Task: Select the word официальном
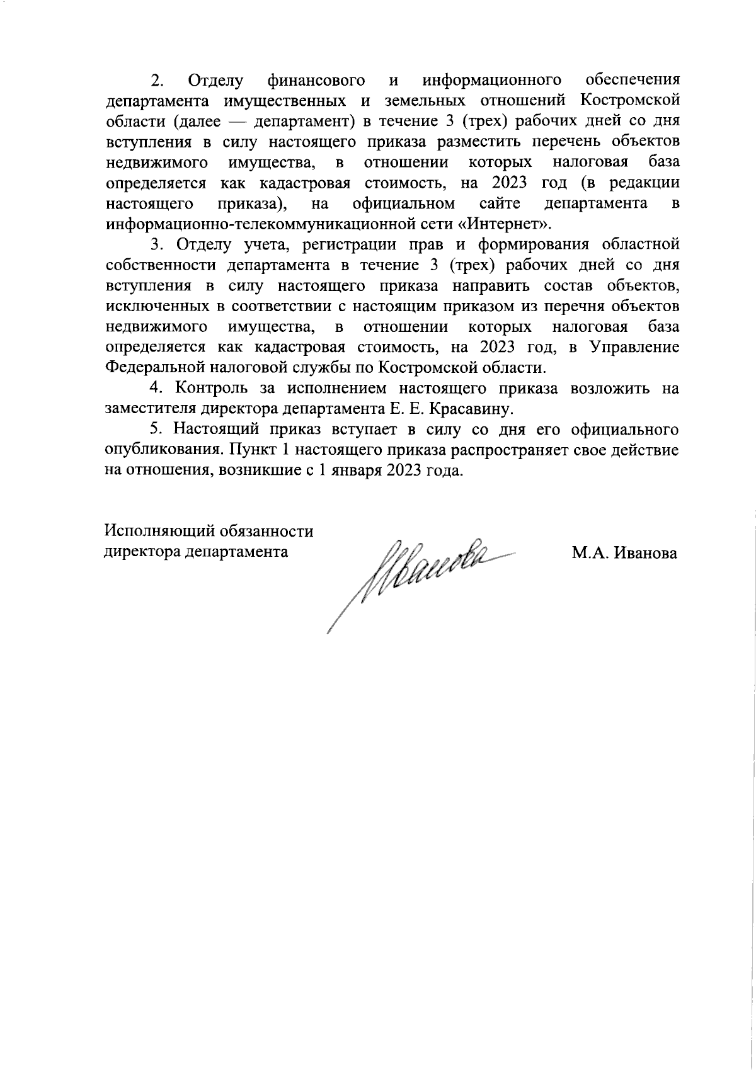click(x=404, y=204)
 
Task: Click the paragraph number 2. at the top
click(x=157, y=81)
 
